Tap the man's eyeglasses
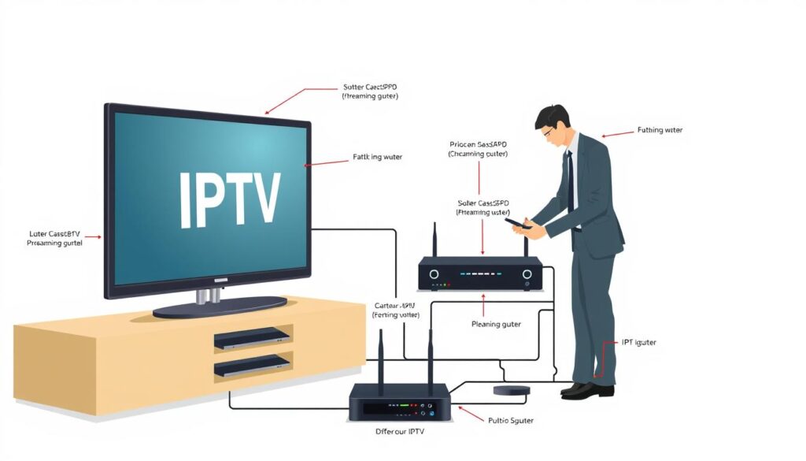click(x=549, y=132)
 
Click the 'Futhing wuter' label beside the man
click(x=660, y=130)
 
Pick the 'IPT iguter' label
click(x=638, y=343)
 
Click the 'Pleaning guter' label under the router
click(x=495, y=324)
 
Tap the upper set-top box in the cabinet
click(x=252, y=338)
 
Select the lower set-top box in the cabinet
click(x=252, y=366)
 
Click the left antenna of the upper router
click(x=434, y=240)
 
